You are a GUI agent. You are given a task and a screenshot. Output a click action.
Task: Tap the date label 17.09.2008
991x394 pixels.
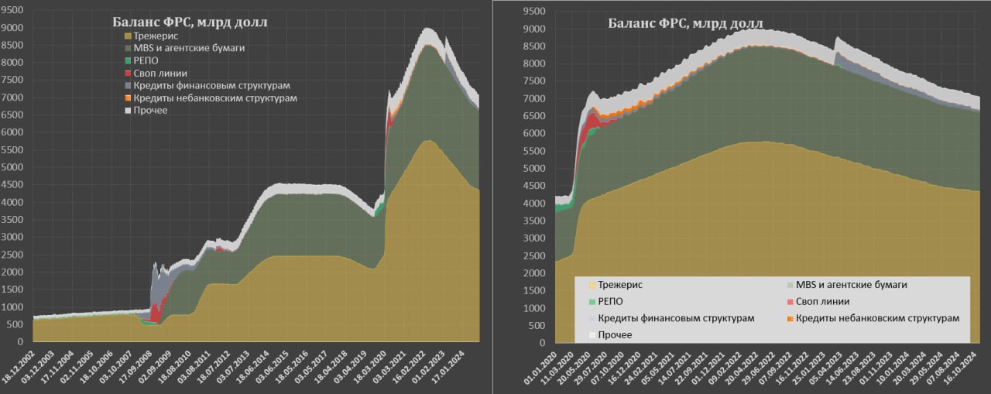pos(147,367)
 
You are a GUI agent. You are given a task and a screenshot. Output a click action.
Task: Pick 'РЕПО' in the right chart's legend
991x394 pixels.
pos(611,301)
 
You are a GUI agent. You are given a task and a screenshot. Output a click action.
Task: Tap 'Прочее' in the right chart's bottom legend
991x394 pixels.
pos(615,334)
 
